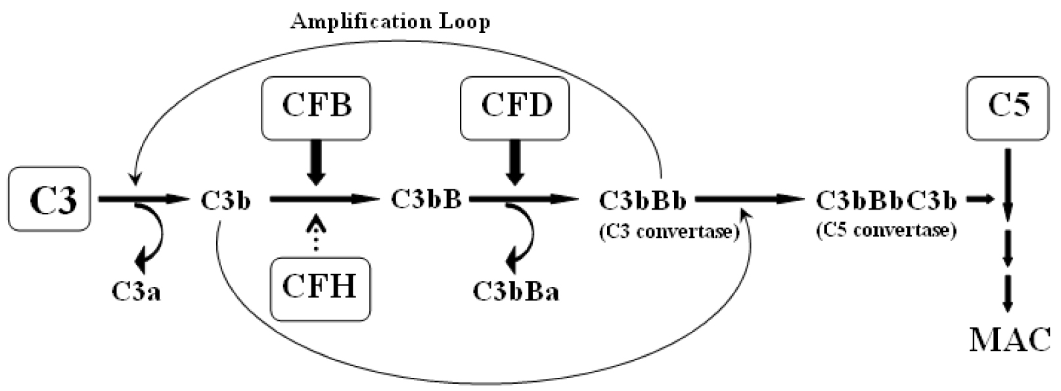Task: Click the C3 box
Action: tap(49, 198)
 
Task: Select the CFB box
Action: tap(316, 108)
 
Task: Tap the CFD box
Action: tap(515, 108)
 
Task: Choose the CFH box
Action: tap(320, 288)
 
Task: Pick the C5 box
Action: tap(1008, 106)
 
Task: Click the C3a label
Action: tap(136, 291)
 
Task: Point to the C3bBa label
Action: tap(516, 291)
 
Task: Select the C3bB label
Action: tap(426, 198)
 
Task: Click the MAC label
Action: tap(1010, 340)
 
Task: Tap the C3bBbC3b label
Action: tap(886, 200)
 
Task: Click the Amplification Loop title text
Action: tap(390, 22)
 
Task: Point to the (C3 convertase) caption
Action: tap(669, 231)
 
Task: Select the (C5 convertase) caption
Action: tap(886, 231)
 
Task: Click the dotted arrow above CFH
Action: tap(317, 233)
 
